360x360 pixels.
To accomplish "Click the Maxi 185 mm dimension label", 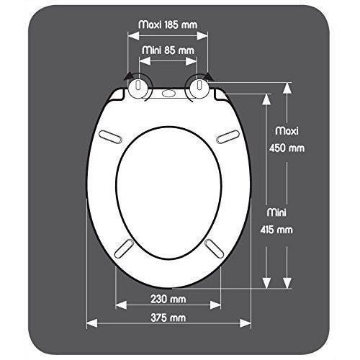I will click(x=168, y=24).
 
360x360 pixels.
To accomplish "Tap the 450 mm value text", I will click(x=287, y=148).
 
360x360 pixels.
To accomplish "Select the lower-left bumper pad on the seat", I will click(x=123, y=247).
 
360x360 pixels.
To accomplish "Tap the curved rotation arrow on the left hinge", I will click(x=130, y=77).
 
